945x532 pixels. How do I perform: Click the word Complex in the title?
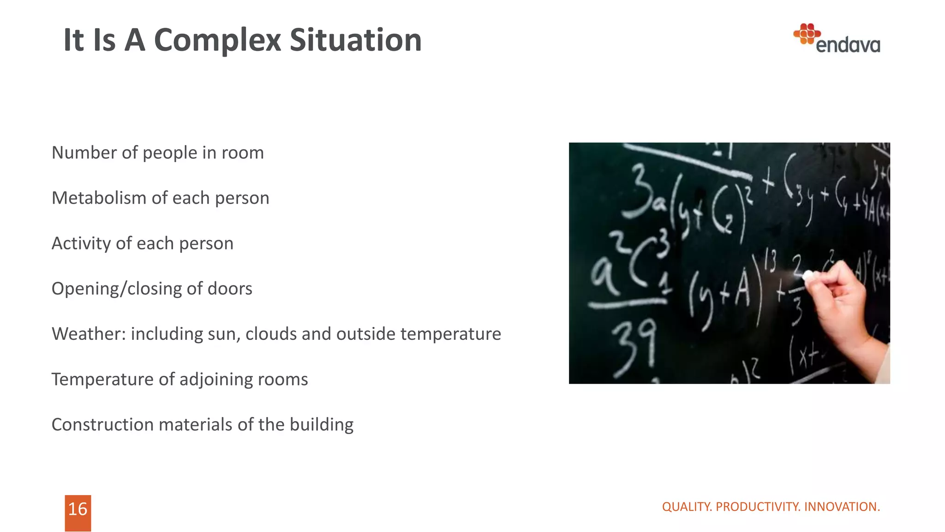pyautogui.click(x=217, y=41)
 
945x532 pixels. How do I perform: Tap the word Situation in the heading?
pyautogui.click(x=355, y=41)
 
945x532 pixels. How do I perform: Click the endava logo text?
pyautogui.click(x=848, y=45)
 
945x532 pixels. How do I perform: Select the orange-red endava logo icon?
pyautogui.click(x=807, y=34)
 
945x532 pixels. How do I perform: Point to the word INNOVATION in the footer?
pyautogui.click(x=842, y=507)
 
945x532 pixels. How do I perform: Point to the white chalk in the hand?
pyautogui.click(x=808, y=276)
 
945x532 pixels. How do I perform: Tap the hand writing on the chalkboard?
pyautogui.click(x=844, y=305)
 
